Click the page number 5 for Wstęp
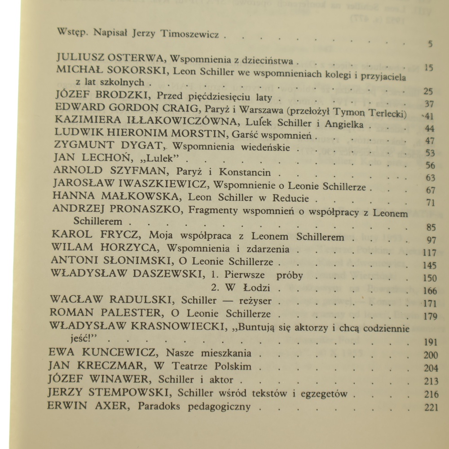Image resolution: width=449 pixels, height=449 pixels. (x=430, y=44)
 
